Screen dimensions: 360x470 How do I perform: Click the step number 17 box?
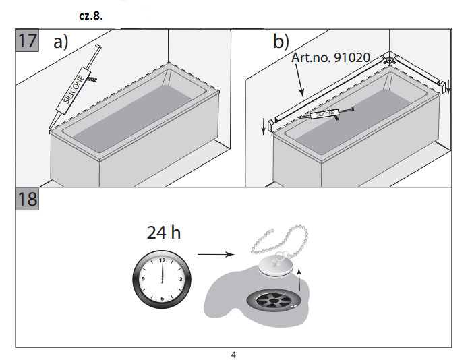click(x=27, y=40)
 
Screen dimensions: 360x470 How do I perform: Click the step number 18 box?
click(x=27, y=200)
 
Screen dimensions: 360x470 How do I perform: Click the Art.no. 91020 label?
click(x=330, y=57)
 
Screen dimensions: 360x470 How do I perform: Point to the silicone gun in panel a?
click(x=76, y=88)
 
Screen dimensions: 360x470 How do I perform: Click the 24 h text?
click(x=164, y=233)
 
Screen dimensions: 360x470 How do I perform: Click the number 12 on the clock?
click(x=162, y=260)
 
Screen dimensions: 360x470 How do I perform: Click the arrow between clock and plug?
click(x=214, y=255)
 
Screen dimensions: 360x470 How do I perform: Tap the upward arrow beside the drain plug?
click(x=299, y=277)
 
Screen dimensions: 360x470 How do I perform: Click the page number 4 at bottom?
click(x=233, y=355)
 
